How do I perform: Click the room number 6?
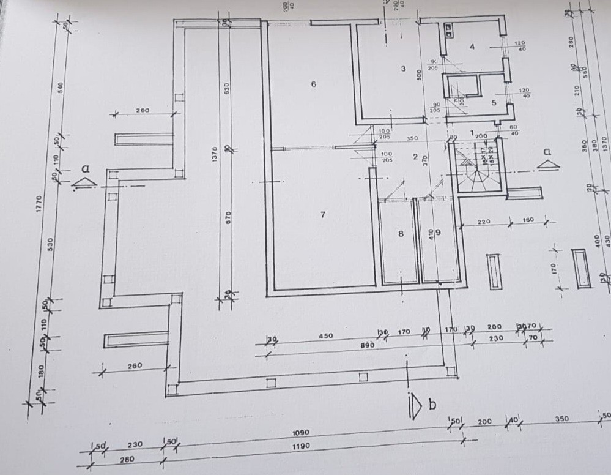pos(314,84)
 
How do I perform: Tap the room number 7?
pos(323,214)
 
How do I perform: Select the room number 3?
pos(403,69)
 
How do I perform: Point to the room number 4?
pos(472,47)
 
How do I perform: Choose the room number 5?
pos(494,103)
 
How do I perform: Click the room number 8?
pos(401,233)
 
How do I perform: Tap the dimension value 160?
pos(527,219)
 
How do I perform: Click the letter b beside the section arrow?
pos(432,405)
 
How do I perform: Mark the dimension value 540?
pos(60,87)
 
